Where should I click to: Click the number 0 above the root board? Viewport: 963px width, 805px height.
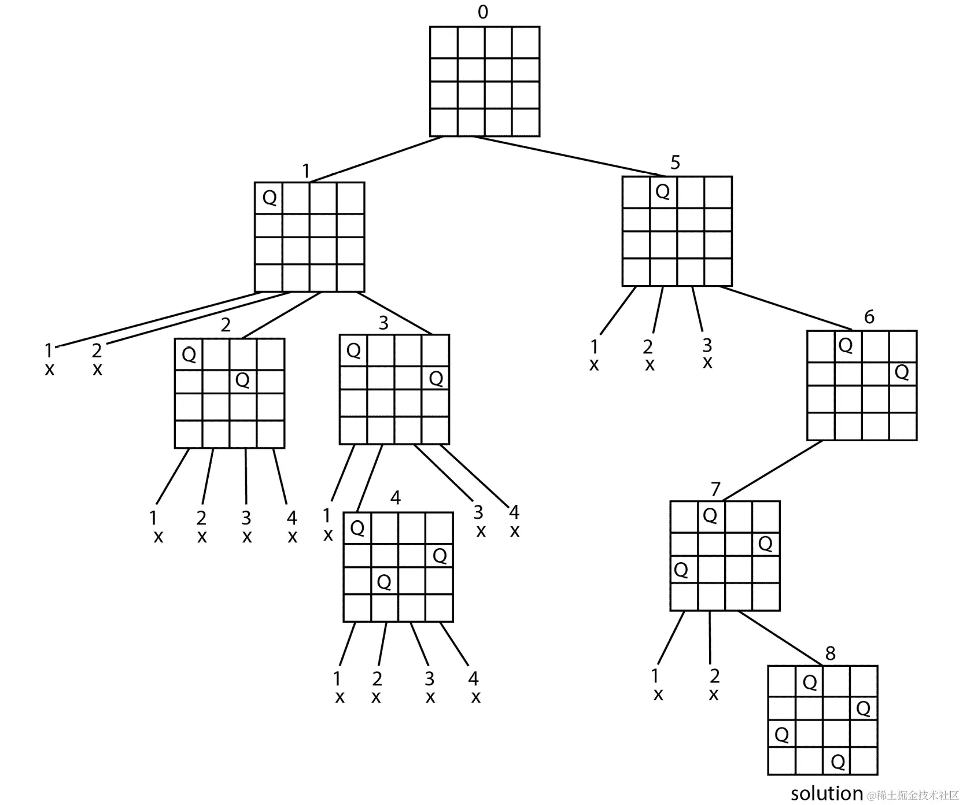coord(482,12)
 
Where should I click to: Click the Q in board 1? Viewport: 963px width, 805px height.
coord(270,197)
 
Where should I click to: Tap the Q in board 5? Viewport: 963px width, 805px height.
coord(663,191)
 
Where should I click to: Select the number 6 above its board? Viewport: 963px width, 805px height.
coord(869,317)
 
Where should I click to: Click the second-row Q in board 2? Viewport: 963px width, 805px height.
coord(242,379)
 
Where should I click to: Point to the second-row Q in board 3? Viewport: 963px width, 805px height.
coord(436,378)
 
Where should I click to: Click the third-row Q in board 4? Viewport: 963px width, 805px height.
coord(384,581)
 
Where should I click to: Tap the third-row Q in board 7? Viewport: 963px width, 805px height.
coord(681,570)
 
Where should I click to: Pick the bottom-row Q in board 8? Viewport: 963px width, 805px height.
coord(837,762)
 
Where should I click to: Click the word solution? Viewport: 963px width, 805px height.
coord(827,793)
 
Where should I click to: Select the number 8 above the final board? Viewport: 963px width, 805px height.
coord(830,653)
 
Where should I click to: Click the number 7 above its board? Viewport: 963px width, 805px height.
coord(715,489)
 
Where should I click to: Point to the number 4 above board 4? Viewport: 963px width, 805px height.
coord(396,497)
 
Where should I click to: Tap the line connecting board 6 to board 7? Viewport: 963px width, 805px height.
coord(772,470)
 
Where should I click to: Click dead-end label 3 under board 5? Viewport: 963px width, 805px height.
coord(707,345)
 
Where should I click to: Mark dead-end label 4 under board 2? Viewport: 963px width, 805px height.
coord(292,517)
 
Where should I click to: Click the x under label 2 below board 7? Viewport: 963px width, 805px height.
coord(714,694)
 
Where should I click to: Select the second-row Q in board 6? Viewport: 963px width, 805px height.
coord(902,372)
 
